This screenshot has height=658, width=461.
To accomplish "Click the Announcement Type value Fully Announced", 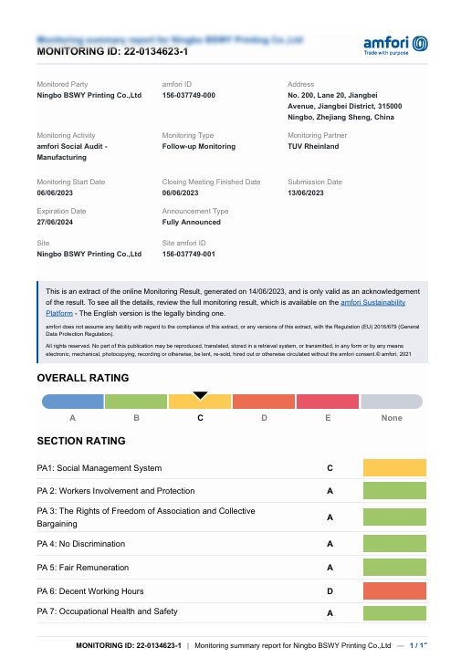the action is coord(191,222).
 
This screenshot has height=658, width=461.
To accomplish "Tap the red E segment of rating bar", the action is coord(328,401).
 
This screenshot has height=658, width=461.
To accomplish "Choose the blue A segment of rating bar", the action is coord(73,401).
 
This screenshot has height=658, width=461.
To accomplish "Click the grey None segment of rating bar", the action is coord(392,401).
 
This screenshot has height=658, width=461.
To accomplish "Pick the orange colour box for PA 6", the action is coord(394,590).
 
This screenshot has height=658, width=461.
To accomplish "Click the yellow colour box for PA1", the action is coord(394,467).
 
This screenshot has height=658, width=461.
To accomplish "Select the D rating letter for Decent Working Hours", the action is coord(329,590).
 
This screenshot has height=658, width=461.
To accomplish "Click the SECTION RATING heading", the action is coord(80,441).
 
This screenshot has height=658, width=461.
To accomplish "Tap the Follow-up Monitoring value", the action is coord(198,146).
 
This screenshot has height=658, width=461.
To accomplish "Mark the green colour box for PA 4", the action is coord(394,543).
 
